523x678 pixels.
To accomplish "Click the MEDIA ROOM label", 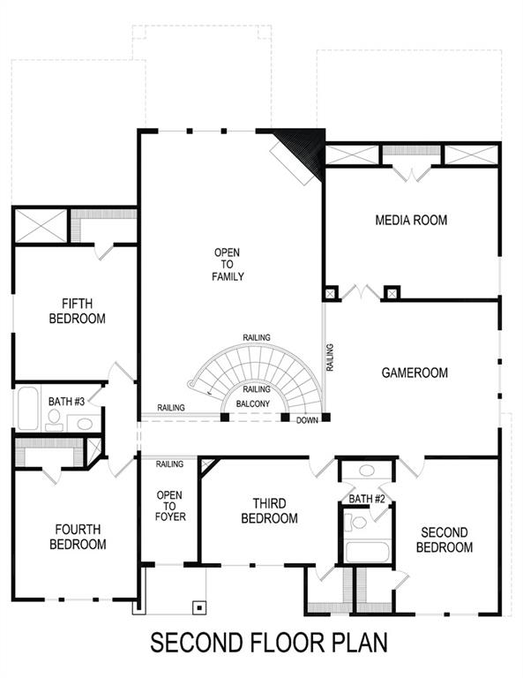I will (x=411, y=220).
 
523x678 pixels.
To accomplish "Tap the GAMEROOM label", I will (x=415, y=373).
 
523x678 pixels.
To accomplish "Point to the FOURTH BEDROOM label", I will (x=78, y=537).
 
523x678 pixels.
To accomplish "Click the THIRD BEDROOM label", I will (x=269, y=511).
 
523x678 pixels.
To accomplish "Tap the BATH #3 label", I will (x=67, y=402).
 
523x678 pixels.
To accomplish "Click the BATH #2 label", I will (x=367, y=499).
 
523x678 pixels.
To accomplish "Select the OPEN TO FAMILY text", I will (x=227, y=265).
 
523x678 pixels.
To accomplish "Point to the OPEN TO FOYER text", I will (x=170, y=506).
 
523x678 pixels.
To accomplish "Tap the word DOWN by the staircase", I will (x=307, y=420).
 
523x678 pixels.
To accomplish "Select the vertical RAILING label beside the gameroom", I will (x=330, y=357).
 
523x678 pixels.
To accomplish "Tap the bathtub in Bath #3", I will (x=27, y=408).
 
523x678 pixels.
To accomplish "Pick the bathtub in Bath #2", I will (x=367, y=553).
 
